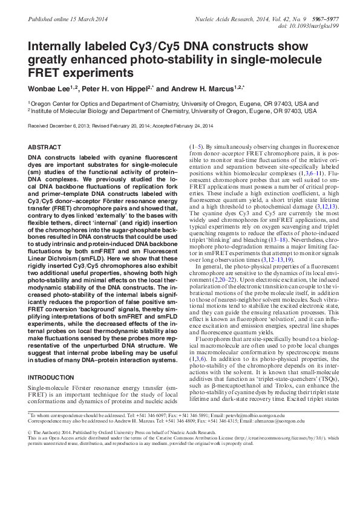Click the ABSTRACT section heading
coord(45,148)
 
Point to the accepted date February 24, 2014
coord(192,126)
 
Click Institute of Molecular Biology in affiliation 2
coord(72,111)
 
